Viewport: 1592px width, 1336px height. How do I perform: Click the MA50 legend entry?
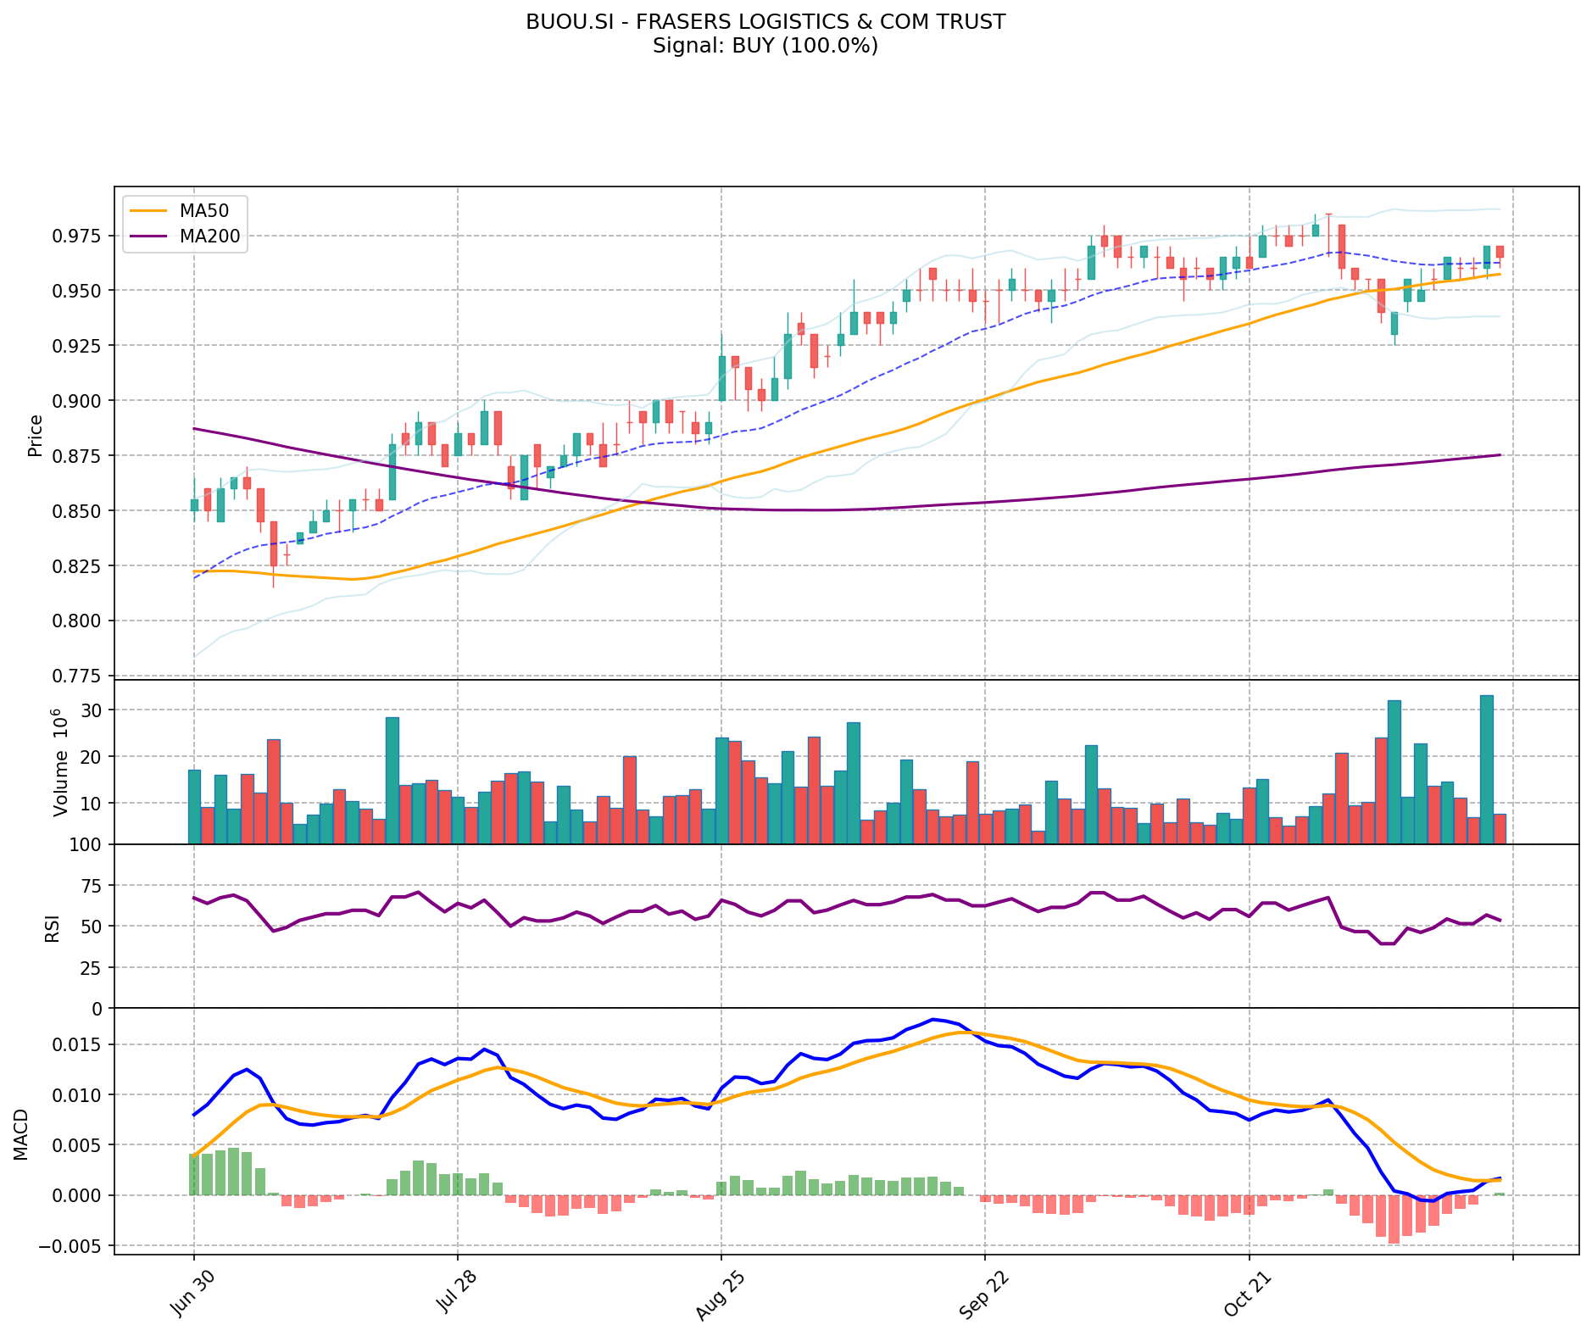[x=203, y=209]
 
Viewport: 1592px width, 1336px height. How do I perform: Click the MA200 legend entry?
[x=209, y=237]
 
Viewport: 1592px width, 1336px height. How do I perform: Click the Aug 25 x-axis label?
[x=715, y=1297]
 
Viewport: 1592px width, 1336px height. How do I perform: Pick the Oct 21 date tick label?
[x=1244, y=1296]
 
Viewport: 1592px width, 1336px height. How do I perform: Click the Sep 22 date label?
[x=979, y=1297]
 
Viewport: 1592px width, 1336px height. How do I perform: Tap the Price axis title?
[x=36, y=435]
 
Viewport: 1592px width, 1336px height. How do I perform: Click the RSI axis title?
[x=53, y=927]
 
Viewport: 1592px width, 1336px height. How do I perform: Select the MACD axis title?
[x=21, y=1134]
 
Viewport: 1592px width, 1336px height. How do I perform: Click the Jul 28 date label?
[x=452, y=1297]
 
